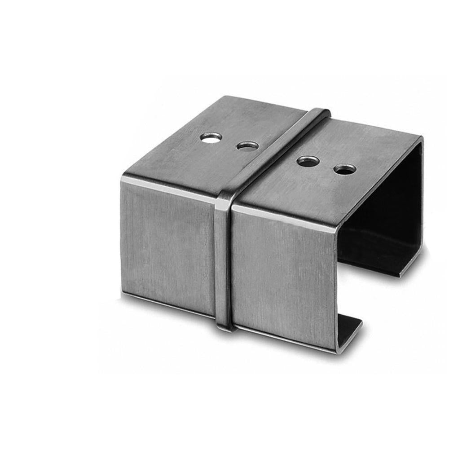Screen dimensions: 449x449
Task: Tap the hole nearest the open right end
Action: (345, 169)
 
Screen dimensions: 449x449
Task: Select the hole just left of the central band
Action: (247, 146)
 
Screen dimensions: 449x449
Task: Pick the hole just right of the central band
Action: (308, 161)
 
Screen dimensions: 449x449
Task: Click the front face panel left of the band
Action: (168, 242)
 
